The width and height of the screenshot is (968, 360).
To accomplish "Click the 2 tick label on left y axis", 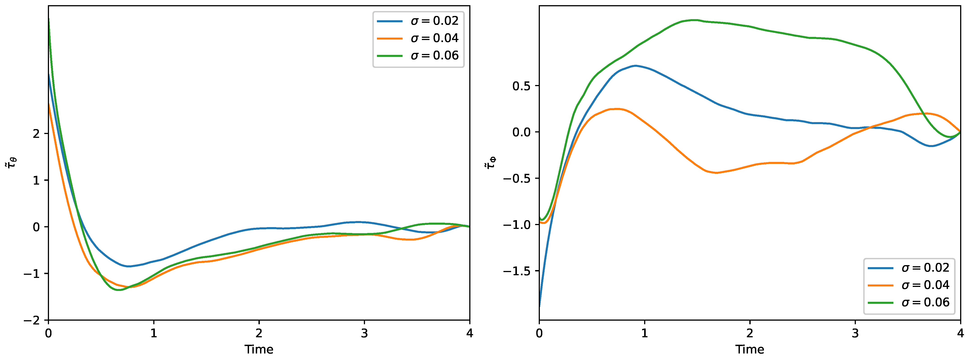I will point(36,134).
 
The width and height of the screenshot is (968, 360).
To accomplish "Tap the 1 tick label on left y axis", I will point(36,180).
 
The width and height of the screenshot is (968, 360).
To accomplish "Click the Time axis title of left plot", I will point(259,349).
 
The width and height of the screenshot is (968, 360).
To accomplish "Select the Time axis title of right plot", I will point(750,349).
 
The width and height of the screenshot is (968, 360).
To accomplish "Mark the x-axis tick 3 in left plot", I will point(364,333).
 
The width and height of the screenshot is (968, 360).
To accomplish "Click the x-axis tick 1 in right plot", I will point(644,333).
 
